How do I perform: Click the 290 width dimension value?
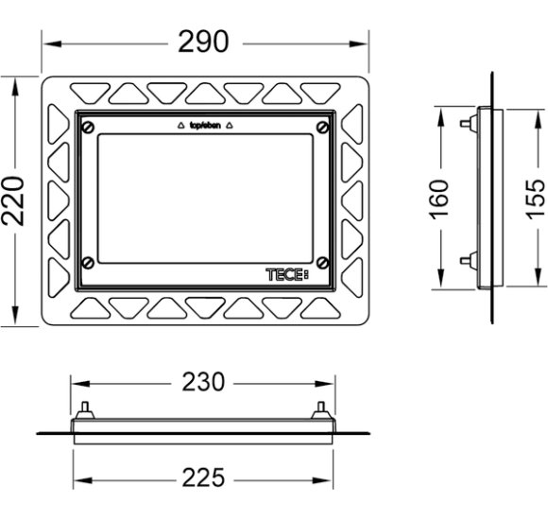coord(203,42)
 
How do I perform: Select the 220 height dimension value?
coord(13,201)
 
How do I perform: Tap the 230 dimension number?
coord(203,382)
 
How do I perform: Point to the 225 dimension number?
coord(203,477)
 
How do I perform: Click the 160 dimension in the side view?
coord(438,199)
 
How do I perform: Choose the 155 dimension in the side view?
coord(536,199)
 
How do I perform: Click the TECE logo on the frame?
coord(287,274)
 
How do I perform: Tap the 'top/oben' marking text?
coord(205,125)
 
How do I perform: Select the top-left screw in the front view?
coord(88,128)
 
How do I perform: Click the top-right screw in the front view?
coord(322,128)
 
